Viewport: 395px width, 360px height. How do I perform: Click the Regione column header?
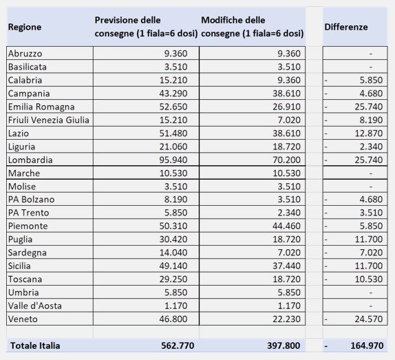click(x=25, y=28)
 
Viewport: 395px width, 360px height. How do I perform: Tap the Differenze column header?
click(x=346, y=27)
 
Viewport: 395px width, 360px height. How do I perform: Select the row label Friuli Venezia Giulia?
click(x=49, y=120)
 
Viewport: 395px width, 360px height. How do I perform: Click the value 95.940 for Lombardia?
click(x=173, y=160)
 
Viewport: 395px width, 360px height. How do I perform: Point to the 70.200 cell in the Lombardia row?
click(x=287, y=160)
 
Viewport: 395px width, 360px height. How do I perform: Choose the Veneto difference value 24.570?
click(x=369, y=319)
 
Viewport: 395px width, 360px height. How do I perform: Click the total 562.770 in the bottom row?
click(x=178, y=346)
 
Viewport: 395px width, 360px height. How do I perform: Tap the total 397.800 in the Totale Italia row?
click(x=284, y=346)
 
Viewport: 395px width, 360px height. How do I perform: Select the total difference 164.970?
click(x=367, y=346)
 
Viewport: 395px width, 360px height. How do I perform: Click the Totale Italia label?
click(x=35, y=346)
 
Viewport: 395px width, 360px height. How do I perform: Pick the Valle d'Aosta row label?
click(x=35, y=306)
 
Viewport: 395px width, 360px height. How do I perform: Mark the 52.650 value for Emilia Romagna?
click(x=173, y=107)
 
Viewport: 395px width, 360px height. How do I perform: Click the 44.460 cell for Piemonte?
click(x=287, y=226)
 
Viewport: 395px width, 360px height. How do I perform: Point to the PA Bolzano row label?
click(x=31, y=199)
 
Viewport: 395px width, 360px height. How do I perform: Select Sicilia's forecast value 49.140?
click(x=173, y=266)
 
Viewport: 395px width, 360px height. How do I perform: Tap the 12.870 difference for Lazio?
click(x=369, y=134)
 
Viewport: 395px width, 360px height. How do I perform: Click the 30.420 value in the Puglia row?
click(x=173, y=239)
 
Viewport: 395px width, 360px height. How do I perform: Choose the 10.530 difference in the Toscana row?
click(x=369, y=279)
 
